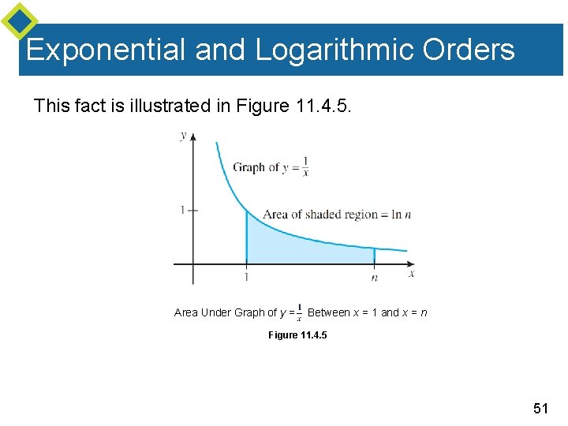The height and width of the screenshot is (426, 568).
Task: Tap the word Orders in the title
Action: click(x=468, y=50)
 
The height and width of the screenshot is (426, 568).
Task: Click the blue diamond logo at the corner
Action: click(x=19, y=21)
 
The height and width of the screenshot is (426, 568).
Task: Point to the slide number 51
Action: click(x=540, y=408)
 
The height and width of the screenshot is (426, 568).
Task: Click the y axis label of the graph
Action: click(x=184, y=135)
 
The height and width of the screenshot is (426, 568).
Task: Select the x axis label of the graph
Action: click(x=411, y=274)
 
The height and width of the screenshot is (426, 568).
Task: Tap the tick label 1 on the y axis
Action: click(x=181, y=211)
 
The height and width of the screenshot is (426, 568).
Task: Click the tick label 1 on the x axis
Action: click(x=246, y=277)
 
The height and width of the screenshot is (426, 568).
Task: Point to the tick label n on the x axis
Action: click(x=374, y=278)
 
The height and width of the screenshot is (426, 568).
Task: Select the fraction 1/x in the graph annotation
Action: click(x=305, y=166)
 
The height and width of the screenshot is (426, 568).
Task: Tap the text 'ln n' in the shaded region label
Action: click(x=403, y=215)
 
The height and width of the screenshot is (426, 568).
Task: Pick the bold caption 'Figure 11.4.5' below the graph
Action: click(x=297, y=335)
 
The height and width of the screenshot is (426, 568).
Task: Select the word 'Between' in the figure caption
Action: click(x=328, y=312)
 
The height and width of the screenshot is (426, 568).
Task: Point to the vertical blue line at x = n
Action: click(x=374, y=256)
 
